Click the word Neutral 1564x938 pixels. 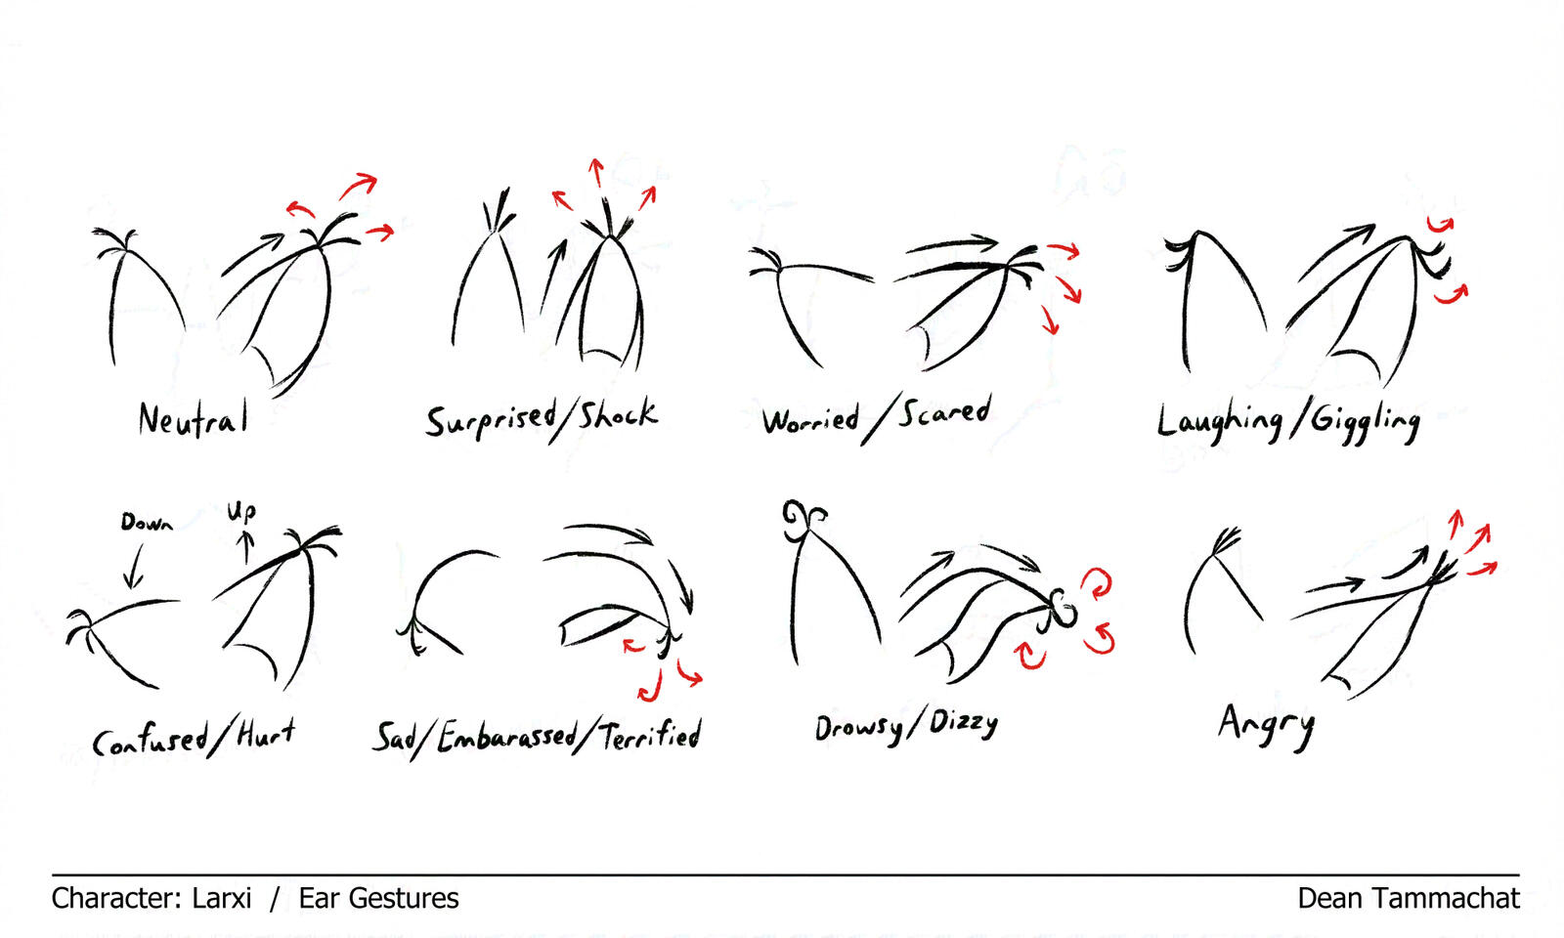click(194, 419)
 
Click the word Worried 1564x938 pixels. click(810, 420)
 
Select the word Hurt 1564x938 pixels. click(266, 734)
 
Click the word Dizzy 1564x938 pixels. click(964, 723)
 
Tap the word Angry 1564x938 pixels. click(1266, 726)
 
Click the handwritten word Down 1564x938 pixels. click(147, 522)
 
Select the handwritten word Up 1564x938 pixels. click(241, 512)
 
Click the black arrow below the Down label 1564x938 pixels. click(133, 567)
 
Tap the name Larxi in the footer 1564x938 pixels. click(221, 898)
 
